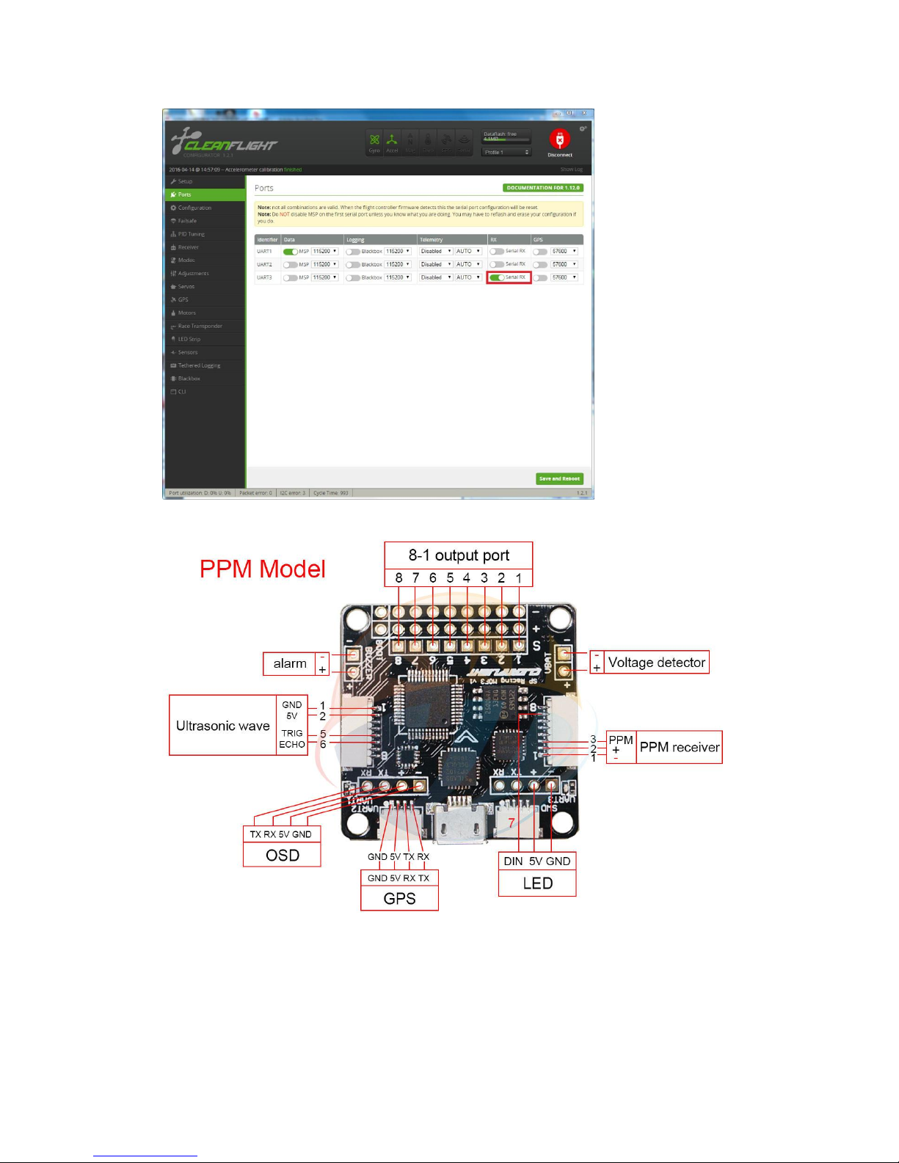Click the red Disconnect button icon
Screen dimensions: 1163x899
coord(559,139)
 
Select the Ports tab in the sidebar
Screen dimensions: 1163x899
coord(184,194)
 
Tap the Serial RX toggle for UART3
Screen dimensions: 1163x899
coord(497,277)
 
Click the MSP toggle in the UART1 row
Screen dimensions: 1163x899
coord(290,252)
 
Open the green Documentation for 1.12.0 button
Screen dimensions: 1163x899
coord(543,188)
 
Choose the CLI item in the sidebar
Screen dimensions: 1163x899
coord(182,392)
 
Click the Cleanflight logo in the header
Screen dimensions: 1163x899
coord(224,142)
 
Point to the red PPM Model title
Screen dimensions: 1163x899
coord(263,569)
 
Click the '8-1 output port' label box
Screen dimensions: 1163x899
coord(459,555)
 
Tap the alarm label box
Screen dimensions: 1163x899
coord(290,663)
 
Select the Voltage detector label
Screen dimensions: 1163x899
coord(656,663)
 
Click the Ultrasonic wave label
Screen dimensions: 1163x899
coord(223,726)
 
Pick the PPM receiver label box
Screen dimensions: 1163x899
coord(679,747)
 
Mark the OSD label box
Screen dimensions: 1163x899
coord(283,855)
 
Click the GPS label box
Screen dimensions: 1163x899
coord(399,898)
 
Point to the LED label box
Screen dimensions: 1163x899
coord(537,883)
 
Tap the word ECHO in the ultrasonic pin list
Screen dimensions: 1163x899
coord(292,744)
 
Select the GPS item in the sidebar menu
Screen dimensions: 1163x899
coord(183,299)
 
